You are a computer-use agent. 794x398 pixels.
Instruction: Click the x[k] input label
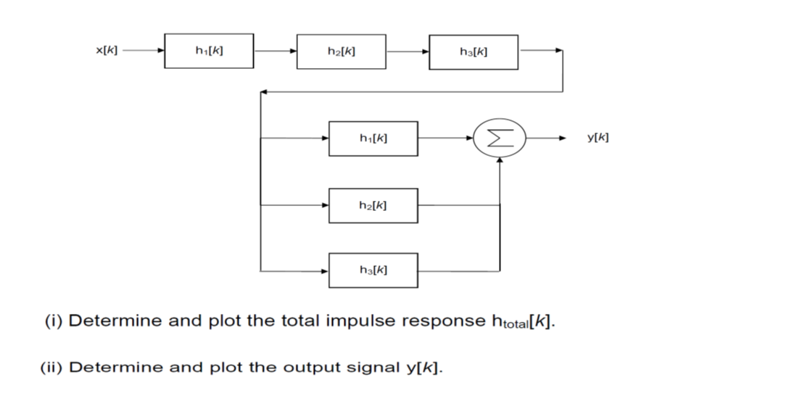pos(106,51)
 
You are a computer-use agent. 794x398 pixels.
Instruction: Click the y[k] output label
pos(598,138)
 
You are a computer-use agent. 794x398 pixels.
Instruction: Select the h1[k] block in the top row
pos(209,51)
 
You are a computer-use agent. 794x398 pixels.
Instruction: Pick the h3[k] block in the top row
pos(473,51)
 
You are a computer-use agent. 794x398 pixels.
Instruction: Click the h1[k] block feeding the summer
pos(373,138)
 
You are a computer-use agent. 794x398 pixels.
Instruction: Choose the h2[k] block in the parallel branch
pos(373,205)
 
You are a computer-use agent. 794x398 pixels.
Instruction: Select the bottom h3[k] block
pos(373,270)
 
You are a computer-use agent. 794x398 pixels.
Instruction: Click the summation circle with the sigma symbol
pos(500,138)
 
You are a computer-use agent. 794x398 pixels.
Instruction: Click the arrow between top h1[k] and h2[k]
pos(275,51)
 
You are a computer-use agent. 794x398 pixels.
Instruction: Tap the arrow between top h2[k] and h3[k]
pos(407,51)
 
